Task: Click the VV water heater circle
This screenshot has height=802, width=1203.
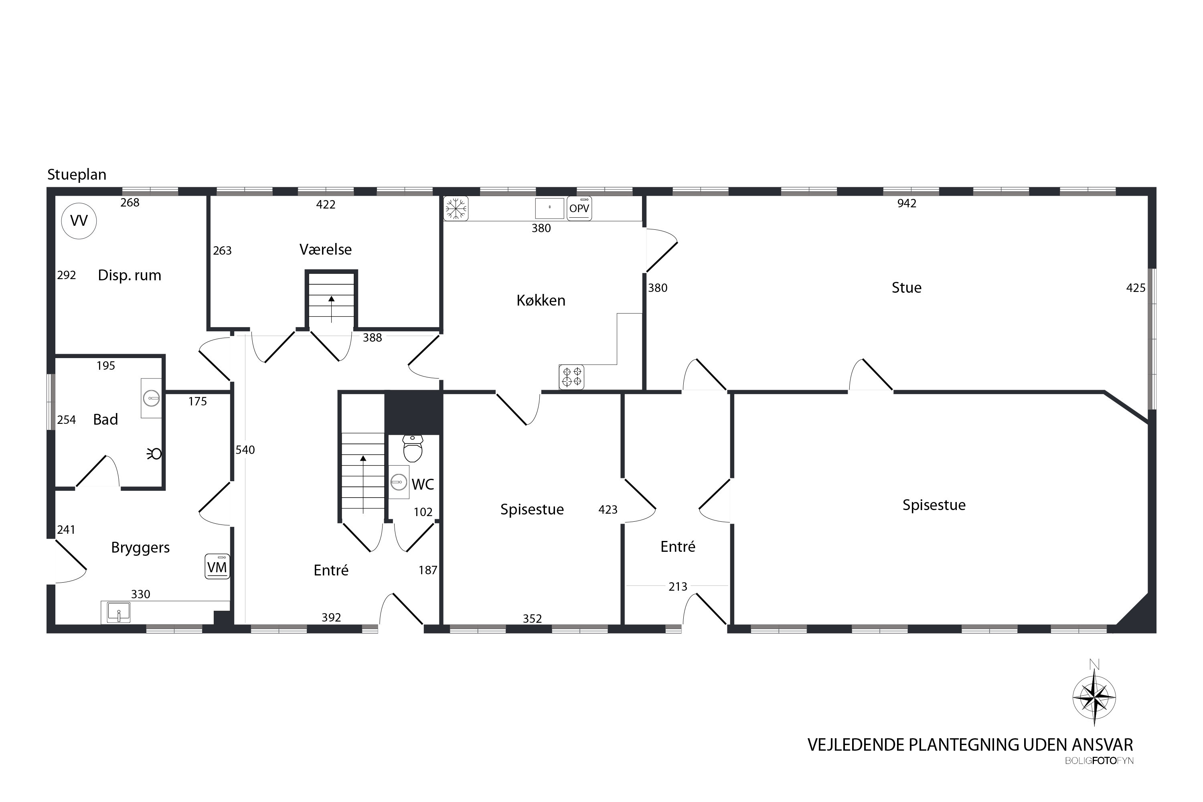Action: point(79,221)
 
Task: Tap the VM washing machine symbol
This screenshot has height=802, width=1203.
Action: point(217,567)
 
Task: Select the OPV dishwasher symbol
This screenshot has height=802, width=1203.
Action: point(579,209)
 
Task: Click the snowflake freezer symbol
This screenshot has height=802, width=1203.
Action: point(456,209)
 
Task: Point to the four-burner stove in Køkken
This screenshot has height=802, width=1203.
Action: point(571,377)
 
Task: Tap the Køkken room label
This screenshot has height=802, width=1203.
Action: point(541,300)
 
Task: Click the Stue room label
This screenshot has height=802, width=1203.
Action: point(906,288)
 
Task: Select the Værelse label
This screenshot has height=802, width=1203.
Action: point(325,249)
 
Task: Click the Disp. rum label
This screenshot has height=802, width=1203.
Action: point(130,275)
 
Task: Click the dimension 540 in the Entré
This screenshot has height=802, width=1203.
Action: point(245,450)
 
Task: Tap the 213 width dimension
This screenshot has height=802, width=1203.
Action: point(678,587)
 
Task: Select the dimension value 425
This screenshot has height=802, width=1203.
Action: point(1136,288)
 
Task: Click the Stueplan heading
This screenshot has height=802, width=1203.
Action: point(77,174)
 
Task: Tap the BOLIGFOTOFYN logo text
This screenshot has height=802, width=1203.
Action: point(1099,761)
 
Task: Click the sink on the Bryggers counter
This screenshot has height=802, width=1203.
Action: point(118,612)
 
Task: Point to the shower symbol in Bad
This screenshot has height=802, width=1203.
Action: point(154,454)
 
